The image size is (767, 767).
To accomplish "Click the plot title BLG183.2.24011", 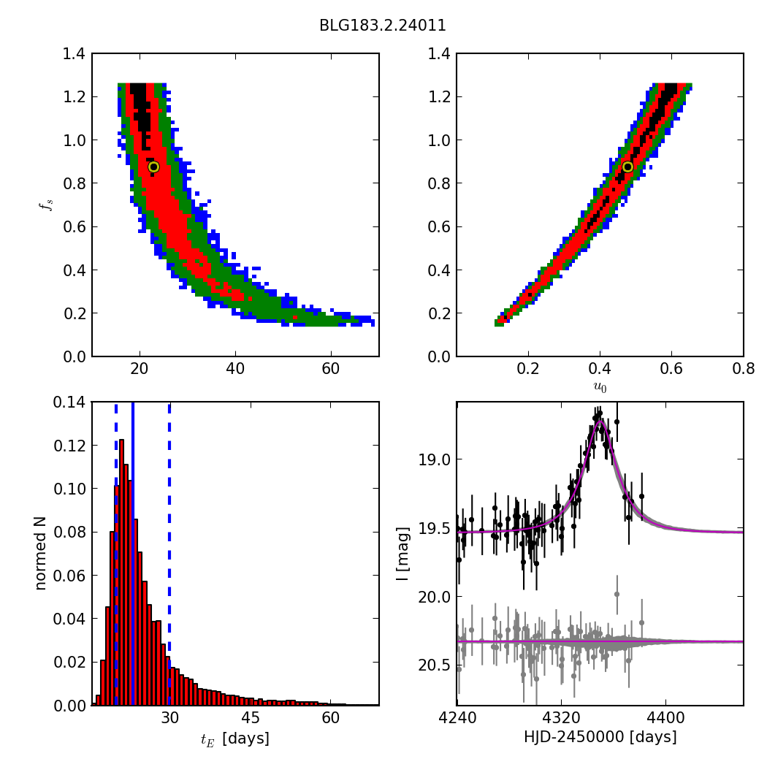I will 382,26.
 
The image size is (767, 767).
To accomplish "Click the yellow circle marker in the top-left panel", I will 153,167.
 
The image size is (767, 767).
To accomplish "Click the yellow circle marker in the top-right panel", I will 627,167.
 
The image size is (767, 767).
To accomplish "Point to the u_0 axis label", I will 600,387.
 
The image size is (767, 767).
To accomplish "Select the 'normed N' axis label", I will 41,553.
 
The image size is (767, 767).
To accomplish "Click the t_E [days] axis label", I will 235,739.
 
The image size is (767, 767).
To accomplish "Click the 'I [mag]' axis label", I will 402,553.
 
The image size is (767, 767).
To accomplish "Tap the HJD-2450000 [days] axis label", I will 600,737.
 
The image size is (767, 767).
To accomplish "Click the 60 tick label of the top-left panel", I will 331,368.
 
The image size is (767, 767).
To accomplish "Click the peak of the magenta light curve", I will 600,421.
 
